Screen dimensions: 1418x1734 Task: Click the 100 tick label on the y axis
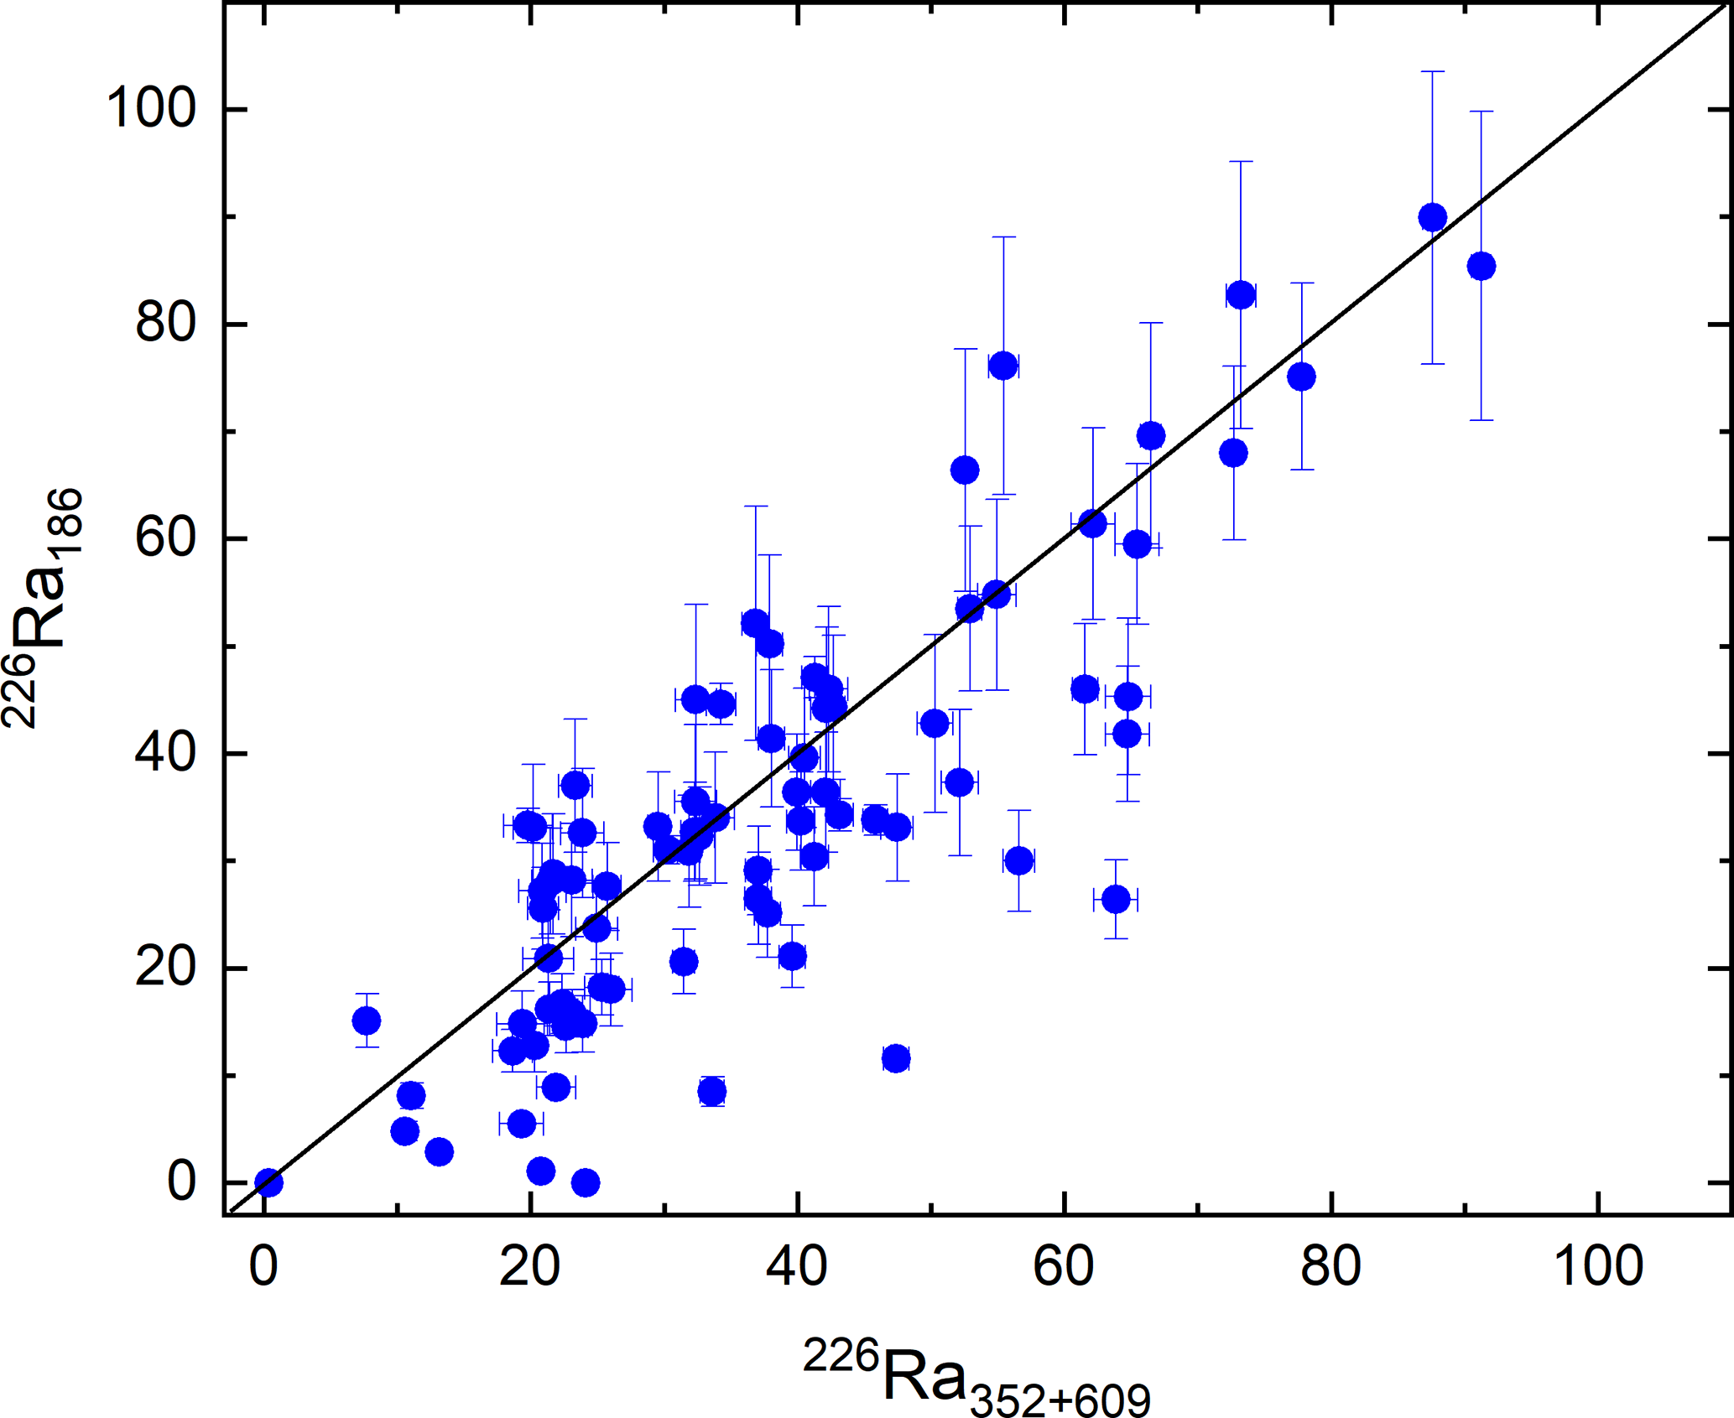pos(151,108)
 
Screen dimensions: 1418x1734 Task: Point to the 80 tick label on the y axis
pos(166,323)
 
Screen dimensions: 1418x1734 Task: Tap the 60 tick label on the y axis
pos(166,538)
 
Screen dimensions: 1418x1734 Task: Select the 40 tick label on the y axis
pos(166,753)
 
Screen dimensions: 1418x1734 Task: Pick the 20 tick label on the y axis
pos(166,968)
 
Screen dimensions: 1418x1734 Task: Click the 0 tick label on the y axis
pos(182,1182)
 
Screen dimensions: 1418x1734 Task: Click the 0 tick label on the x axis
pos(263,1266)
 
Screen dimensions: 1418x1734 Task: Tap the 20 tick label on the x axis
pos(530,1266)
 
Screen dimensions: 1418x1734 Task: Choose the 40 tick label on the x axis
pos(797,1266)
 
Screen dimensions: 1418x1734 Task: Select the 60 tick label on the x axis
pos(1064,1266)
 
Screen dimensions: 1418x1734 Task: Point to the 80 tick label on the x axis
pos(1330,1266)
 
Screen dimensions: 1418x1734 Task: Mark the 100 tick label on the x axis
pos(1598,1266)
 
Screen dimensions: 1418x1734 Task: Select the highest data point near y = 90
pos(1432,218)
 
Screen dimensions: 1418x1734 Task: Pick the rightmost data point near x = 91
pos(1481,267)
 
